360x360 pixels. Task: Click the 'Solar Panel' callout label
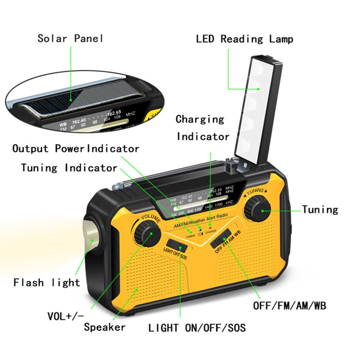[x=70, y=38]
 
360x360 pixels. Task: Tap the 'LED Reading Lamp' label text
[x=244, y=39]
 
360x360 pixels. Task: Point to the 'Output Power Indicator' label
[x=76, y=148]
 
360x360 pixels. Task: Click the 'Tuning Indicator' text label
[x=69, y=168]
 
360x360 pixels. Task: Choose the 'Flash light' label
[x=46, y=283]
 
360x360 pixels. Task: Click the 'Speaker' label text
[x=104, y=327]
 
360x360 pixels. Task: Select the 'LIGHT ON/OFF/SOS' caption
[x=197, y=328]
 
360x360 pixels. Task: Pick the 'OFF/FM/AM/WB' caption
[x=289, y=306]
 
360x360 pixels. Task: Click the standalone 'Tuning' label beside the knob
[x=320, y=209]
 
